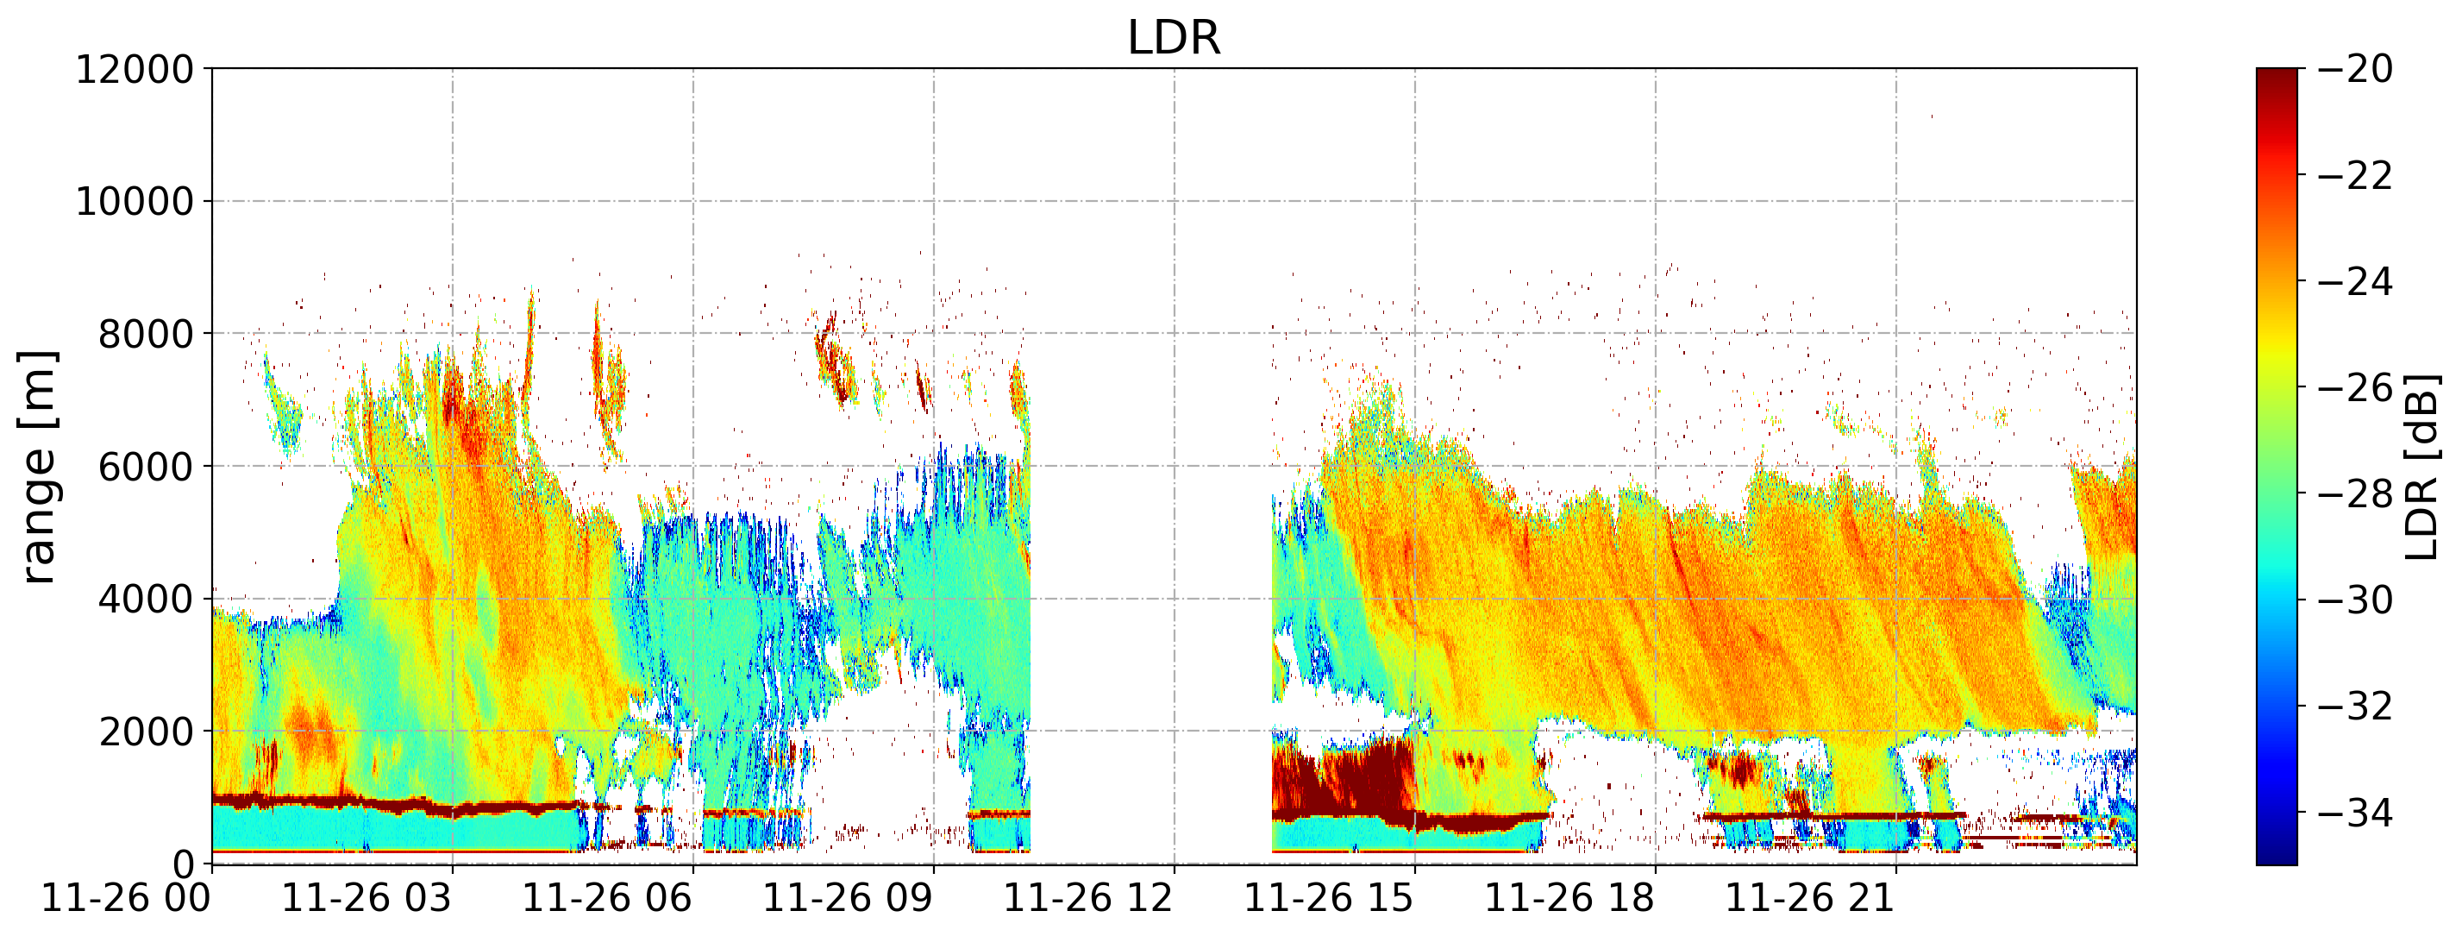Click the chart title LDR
tap(1174, 38)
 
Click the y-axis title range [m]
tap(38, 467)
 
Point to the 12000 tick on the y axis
tap(135, 69)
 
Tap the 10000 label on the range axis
tap(135, 202)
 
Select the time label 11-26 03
tap(367, 899)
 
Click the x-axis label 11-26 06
tap(608, 899)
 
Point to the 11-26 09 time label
tap(849, 899)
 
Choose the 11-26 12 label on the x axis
tap(1089, 899)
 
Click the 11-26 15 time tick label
tap(1331, 899)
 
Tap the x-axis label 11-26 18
tap(1571, 899)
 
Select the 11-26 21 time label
tap(1812, 899)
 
